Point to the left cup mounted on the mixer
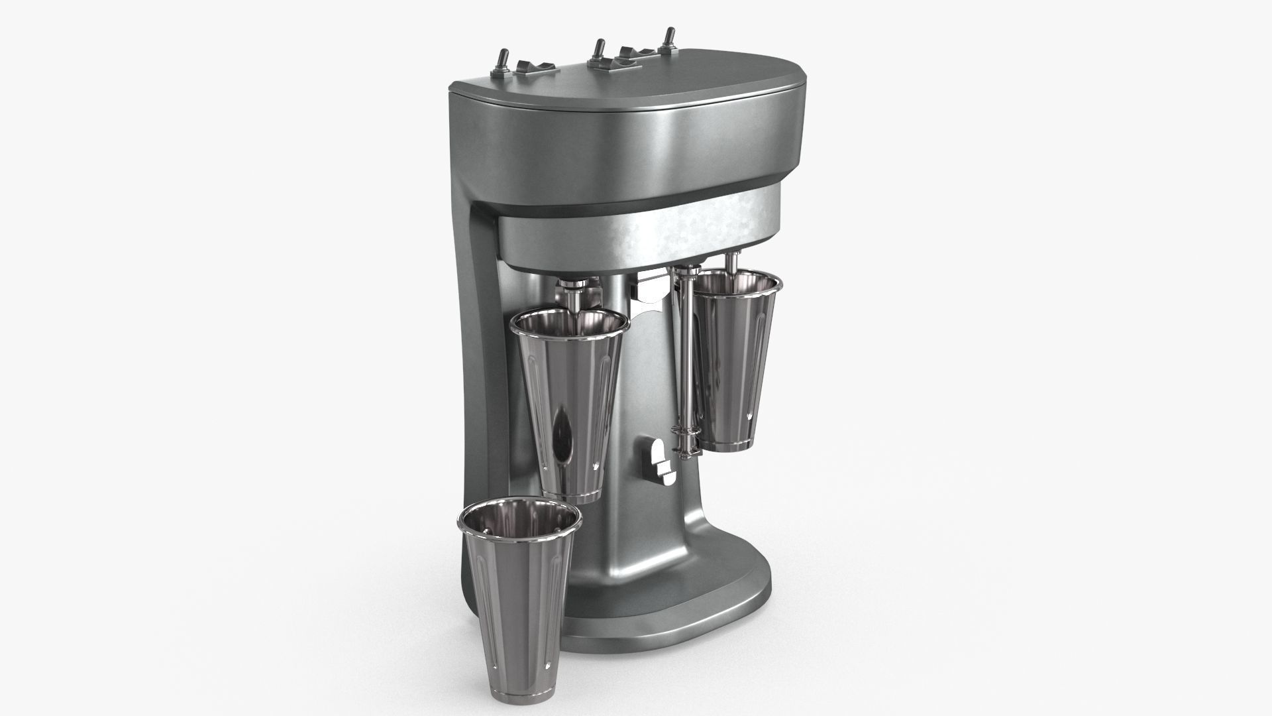(x=568, y=404)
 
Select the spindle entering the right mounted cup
(x=733, y=262)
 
